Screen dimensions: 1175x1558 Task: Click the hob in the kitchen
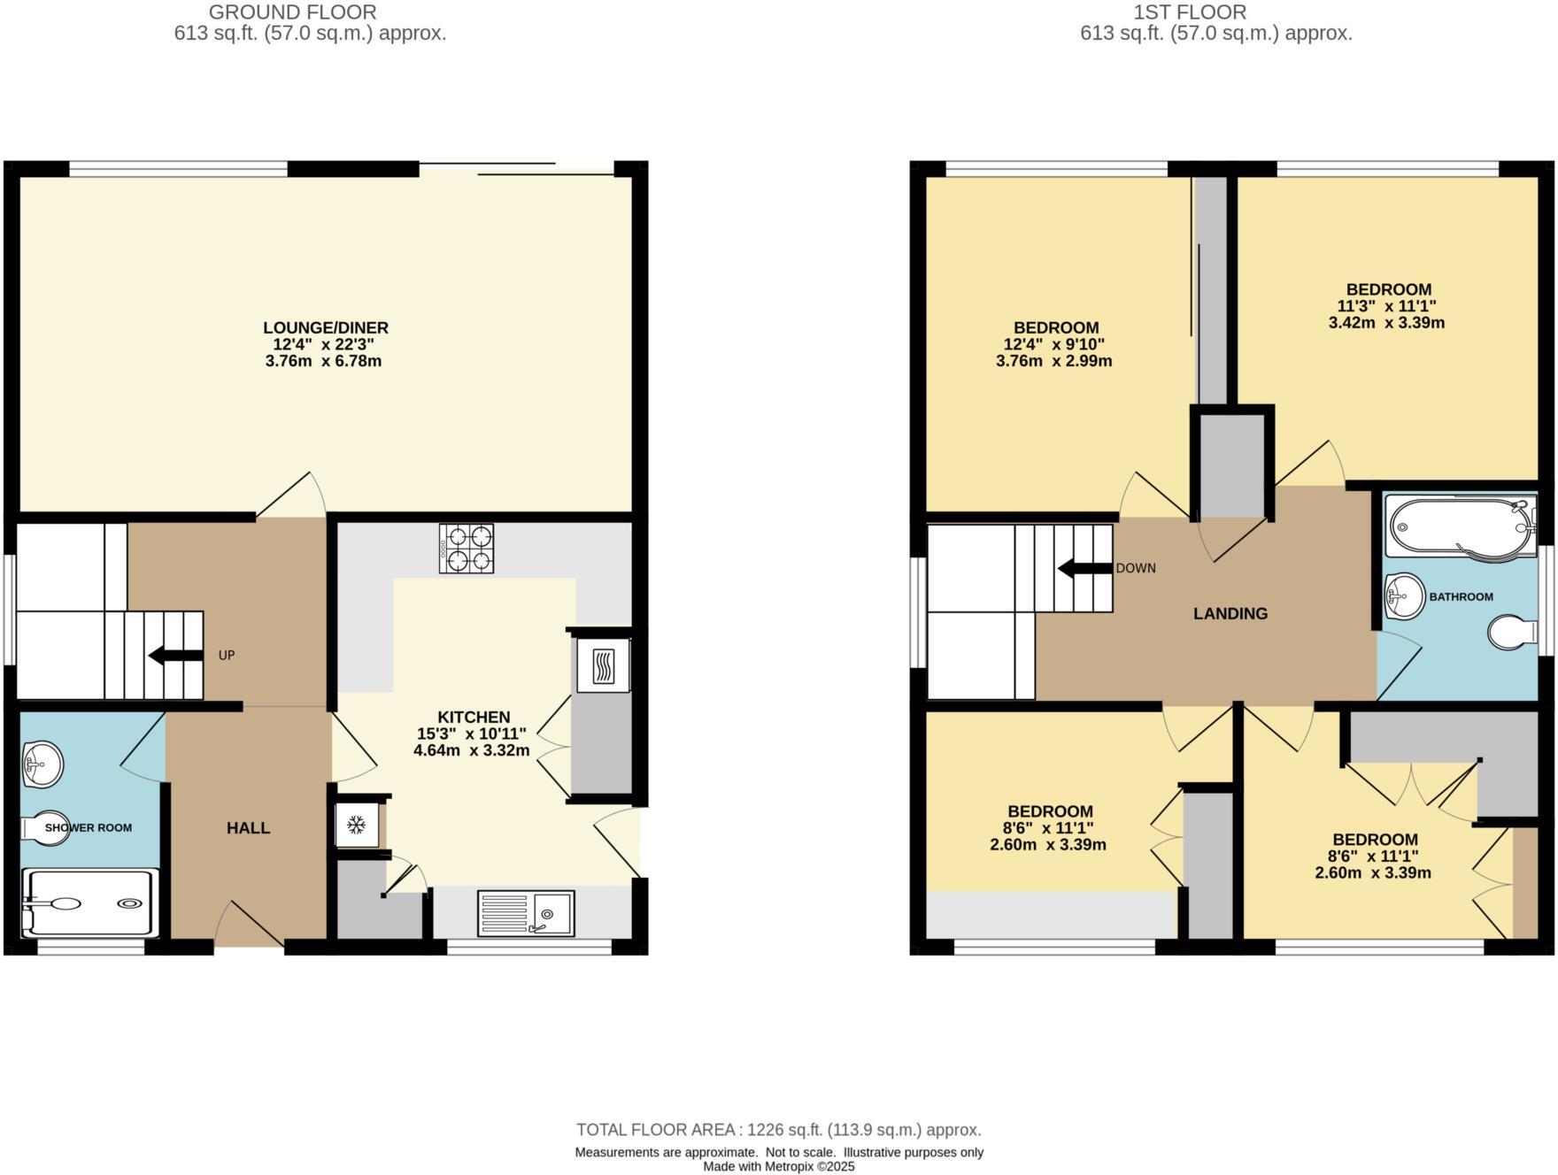(467, 549)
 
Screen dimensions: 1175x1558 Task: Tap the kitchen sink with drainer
(526, 913)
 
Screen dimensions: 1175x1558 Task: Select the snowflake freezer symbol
(356, 826)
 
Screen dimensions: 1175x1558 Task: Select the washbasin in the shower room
(41, 764)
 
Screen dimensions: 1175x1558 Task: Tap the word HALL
(248, 828)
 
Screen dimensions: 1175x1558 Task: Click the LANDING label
(1230, 613)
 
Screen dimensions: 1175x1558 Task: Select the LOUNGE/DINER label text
(326, 327)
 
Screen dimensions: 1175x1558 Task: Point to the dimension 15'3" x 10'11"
(471, 733)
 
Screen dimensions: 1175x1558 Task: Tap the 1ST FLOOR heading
(1190, 12)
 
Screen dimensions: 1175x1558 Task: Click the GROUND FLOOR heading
(292, 12)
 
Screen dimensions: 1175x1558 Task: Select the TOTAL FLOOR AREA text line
(778, 1130)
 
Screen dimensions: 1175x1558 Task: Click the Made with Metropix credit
(778, 1166)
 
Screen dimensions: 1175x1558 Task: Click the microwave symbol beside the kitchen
(603, 666)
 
